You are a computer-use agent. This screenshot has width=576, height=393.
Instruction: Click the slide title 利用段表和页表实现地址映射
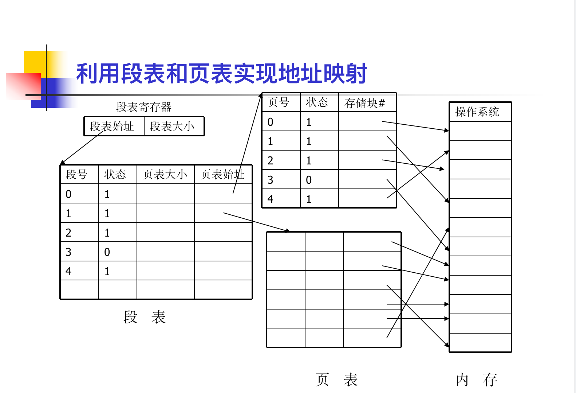(221, 74)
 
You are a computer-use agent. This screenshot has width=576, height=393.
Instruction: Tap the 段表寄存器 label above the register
(143, 107)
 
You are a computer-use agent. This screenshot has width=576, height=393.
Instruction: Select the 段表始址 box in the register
(112, 127)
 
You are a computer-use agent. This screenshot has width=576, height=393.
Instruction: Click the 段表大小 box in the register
(172, 127)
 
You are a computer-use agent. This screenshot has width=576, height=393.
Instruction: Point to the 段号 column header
(77, 174)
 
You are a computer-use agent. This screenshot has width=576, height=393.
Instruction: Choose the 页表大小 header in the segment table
(165, 174)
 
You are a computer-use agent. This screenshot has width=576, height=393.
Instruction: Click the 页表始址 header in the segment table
(222, 174)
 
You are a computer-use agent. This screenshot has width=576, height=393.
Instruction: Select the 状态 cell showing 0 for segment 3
(107, 252)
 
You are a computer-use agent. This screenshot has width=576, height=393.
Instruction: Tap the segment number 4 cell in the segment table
(69, 271)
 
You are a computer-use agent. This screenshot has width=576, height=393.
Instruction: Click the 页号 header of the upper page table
(279, 102)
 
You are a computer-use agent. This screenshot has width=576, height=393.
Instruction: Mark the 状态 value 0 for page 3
(309, 180)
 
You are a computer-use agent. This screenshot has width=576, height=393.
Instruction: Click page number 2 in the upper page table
(270, 160)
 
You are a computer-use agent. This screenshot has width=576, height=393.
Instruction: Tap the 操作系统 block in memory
(477, 112)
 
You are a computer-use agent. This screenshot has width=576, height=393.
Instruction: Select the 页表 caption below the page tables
(337, 380)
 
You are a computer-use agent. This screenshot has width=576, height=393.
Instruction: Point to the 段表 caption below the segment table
(145, 317)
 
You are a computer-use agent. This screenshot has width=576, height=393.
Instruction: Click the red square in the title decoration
(23, 86)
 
